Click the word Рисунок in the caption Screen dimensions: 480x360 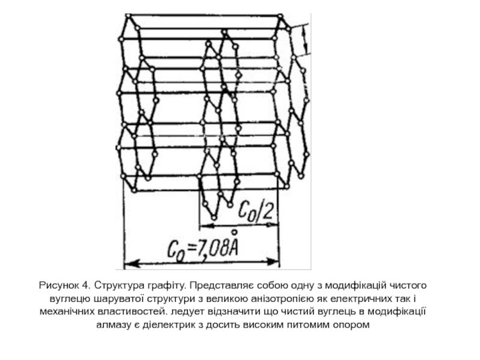(59, 284)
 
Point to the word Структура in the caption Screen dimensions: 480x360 (112, 284)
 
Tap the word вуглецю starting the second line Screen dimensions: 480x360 (67, 298)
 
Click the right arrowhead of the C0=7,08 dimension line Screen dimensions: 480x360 (275, 262)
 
